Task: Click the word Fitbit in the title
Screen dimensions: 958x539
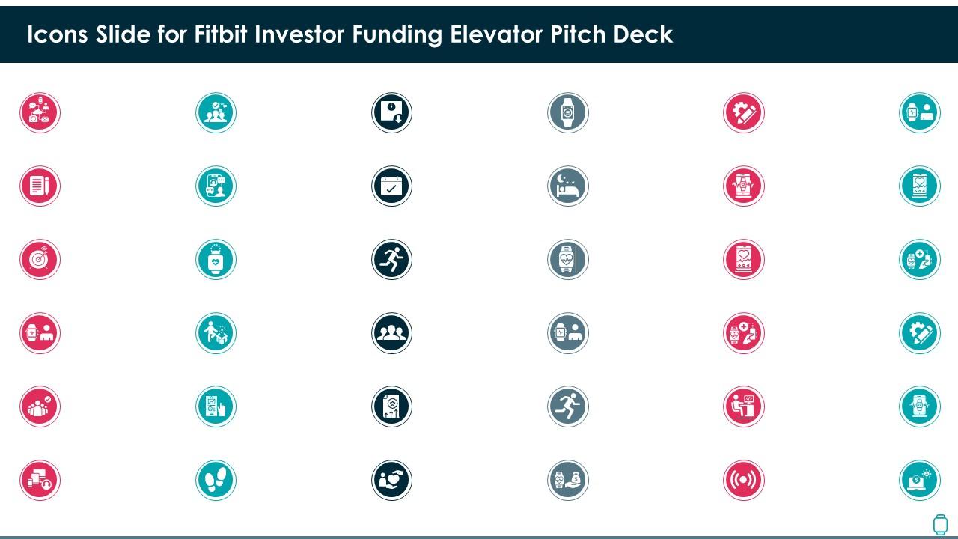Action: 221,34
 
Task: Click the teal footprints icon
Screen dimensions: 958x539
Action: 216,480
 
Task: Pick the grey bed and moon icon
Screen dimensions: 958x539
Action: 568,186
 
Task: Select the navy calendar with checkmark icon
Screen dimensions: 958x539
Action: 391,186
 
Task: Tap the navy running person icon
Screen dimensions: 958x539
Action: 391,259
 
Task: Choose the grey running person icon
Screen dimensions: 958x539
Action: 568,406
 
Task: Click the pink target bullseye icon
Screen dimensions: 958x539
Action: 40,259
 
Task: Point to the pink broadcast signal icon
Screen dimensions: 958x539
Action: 744,480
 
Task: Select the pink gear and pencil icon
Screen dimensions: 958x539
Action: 744,112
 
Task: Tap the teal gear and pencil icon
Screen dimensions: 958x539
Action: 920,333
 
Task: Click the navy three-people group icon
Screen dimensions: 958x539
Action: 391,333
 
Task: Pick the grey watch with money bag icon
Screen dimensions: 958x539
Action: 568,480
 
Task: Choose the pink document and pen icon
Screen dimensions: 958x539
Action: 40,186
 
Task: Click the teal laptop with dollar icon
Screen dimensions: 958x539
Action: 920,480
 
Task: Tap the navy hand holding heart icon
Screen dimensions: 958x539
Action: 391,480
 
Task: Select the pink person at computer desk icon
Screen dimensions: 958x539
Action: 744,406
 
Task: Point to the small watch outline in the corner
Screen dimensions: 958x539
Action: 939,525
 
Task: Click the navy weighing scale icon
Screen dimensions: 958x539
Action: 391,112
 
